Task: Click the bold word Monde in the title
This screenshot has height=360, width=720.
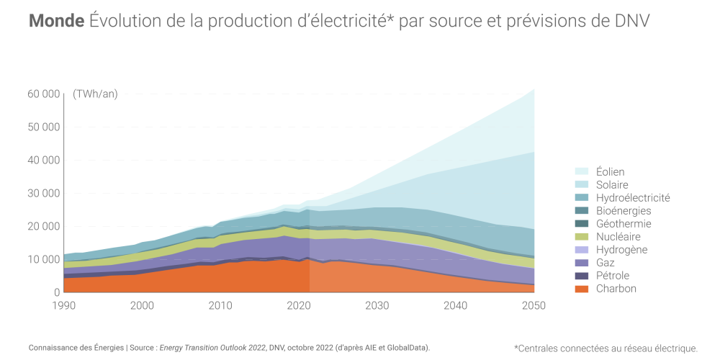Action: point(57,21)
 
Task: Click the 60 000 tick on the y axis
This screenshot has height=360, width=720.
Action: point(43,94)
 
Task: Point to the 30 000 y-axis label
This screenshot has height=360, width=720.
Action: point(43,193)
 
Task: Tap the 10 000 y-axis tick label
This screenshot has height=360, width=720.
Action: point(43,259)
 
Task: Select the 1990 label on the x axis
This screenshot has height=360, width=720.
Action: point(64,305)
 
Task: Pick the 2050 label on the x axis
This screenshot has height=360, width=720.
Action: point(534,305)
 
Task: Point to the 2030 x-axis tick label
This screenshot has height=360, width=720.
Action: point(377,305)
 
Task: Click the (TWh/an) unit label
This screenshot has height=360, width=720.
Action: point(95,94)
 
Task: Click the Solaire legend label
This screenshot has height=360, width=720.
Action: point(612,185)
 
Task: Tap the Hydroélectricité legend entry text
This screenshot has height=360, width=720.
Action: point(633,198)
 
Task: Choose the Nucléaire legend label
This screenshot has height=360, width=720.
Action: point(618,237)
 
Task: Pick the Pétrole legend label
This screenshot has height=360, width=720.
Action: point(613,276)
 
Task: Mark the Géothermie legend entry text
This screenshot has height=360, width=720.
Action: point(624,224)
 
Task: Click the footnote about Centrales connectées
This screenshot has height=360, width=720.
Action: point(606,348)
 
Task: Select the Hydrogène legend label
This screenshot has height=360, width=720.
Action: point(621,250)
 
